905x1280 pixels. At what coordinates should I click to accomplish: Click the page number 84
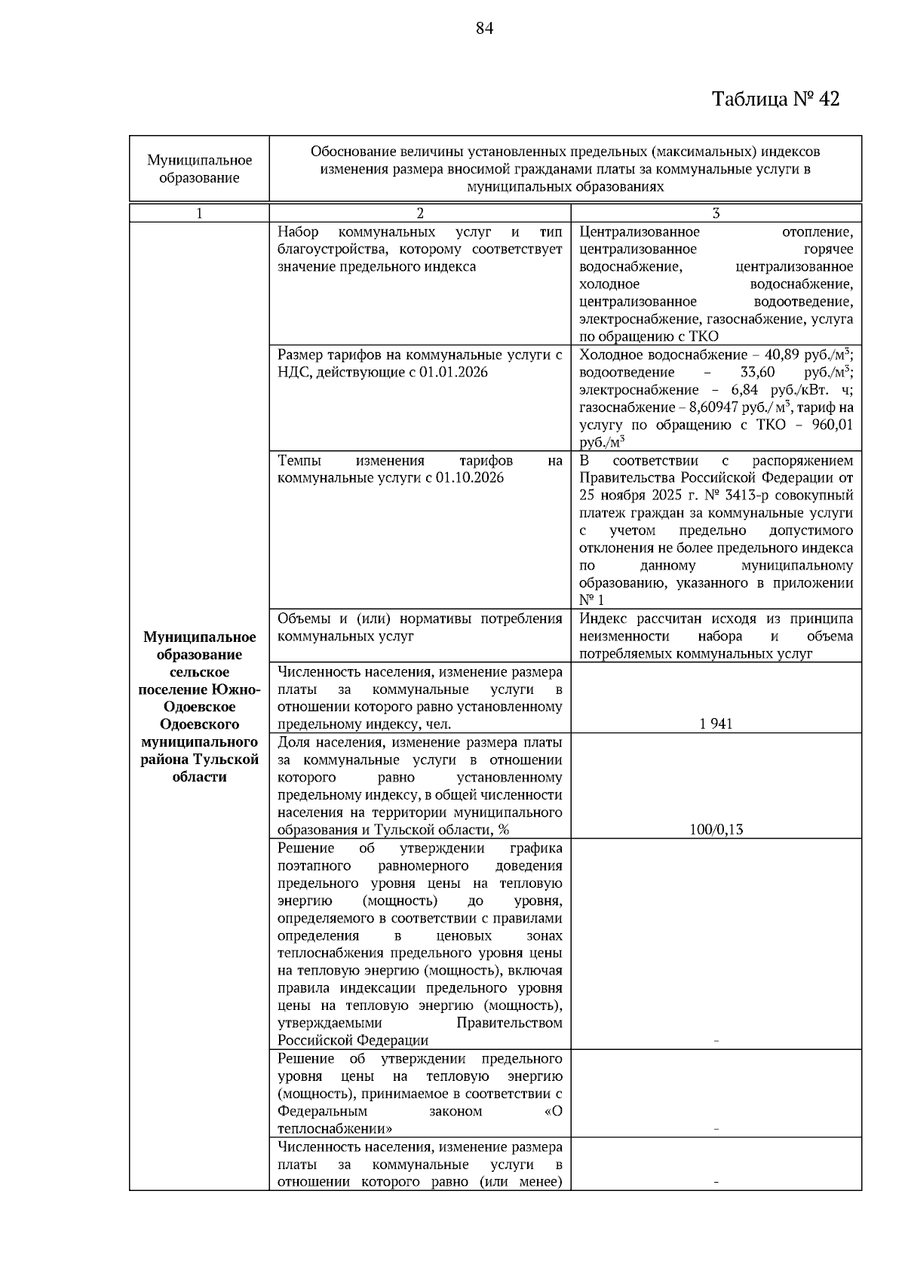484,29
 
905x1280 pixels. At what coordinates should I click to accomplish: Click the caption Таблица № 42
775,100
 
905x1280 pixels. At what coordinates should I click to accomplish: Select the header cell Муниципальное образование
199,169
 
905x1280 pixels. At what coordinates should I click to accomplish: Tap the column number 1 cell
199,213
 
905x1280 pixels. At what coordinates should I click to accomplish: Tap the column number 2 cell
420,213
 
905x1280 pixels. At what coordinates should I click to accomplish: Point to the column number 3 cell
716,213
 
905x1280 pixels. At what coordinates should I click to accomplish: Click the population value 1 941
716,724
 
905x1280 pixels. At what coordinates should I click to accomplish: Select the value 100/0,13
716,830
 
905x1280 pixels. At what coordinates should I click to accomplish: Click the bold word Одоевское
199,707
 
